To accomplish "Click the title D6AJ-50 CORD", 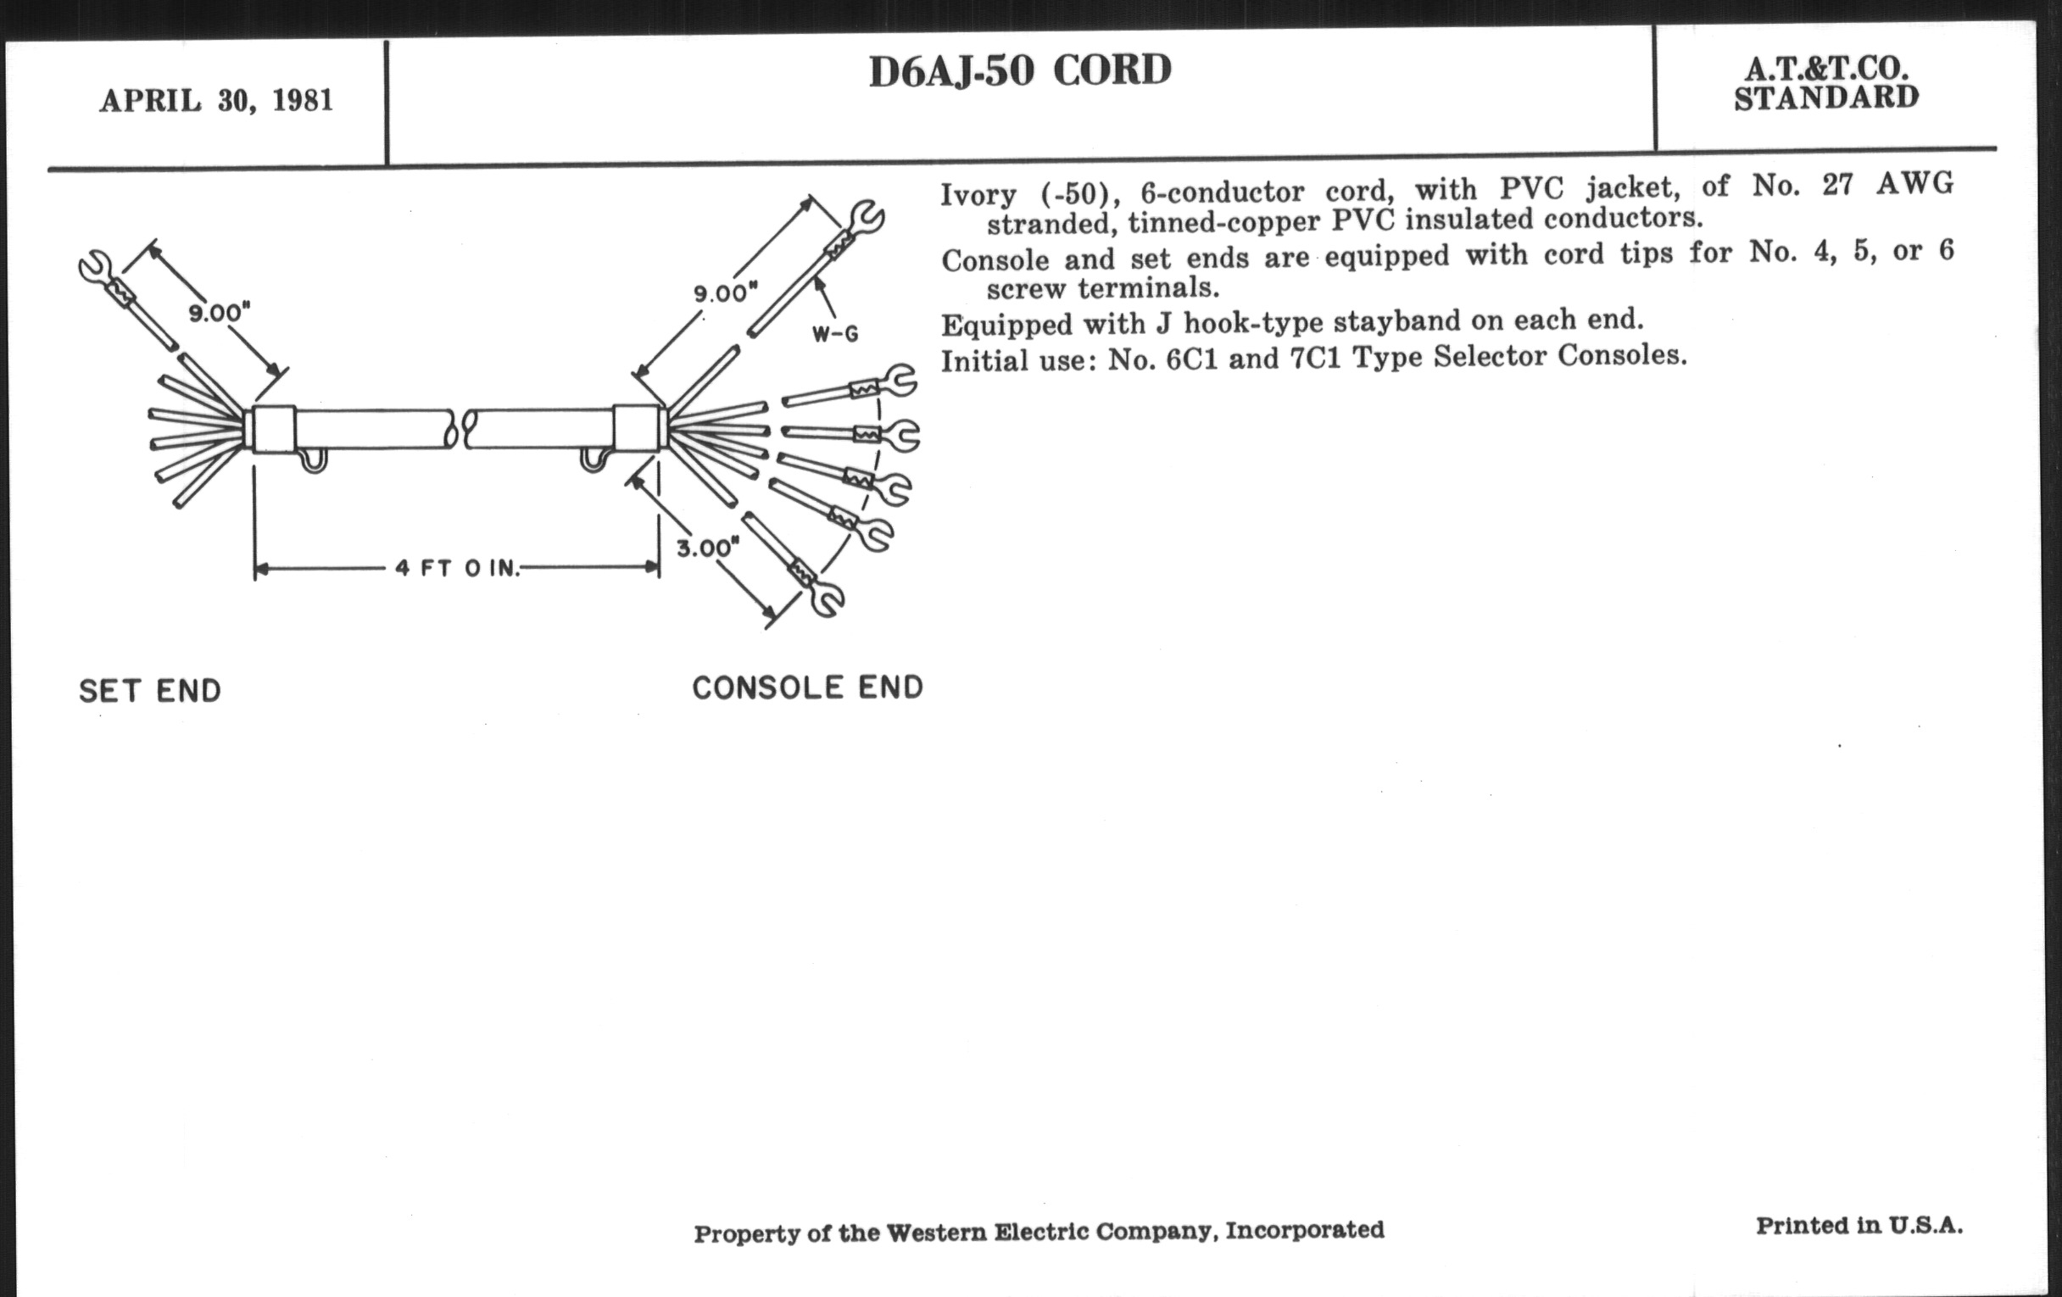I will (1019, 71).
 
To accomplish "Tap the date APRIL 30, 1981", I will (216, 101).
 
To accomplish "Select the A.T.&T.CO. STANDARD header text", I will (1825, 84).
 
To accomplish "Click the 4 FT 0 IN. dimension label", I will (457, 568).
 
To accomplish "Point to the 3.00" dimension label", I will (707, 547).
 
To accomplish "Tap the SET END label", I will (150, 691).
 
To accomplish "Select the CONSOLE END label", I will (807, 687).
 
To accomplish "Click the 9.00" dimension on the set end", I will (220, 314).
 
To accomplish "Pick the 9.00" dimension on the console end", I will (725, 293).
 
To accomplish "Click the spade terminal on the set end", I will (94, 267).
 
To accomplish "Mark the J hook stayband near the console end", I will (593, 459).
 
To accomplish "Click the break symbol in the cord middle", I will (460, 429).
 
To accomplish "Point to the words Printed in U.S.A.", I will (1859, 1226).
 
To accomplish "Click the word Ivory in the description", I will (978, 195).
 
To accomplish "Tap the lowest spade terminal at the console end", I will (824, 598).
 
